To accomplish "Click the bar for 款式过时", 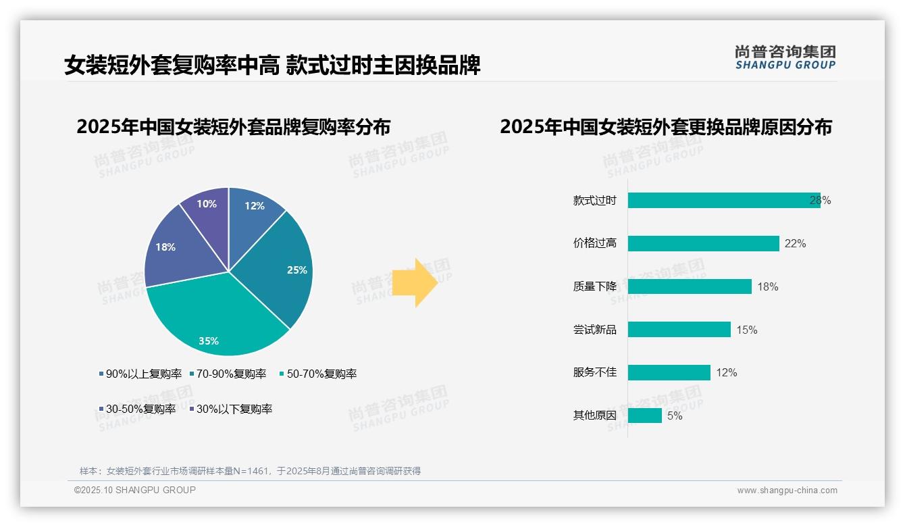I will [723, 200].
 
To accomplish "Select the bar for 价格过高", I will [703, 243].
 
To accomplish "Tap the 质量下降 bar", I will [690, 286].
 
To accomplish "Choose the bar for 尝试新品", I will [679, 330].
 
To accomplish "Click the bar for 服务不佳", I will [669, 372].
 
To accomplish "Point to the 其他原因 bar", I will [644, 416].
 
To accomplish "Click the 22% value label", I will [795, 243].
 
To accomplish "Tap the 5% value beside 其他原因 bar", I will [675, 416].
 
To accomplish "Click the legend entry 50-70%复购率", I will [318, 374].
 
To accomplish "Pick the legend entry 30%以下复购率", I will [230, 409].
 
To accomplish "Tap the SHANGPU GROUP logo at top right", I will [785, 57].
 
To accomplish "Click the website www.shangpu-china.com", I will [787, 490].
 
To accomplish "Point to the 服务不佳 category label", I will [594, 372].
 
